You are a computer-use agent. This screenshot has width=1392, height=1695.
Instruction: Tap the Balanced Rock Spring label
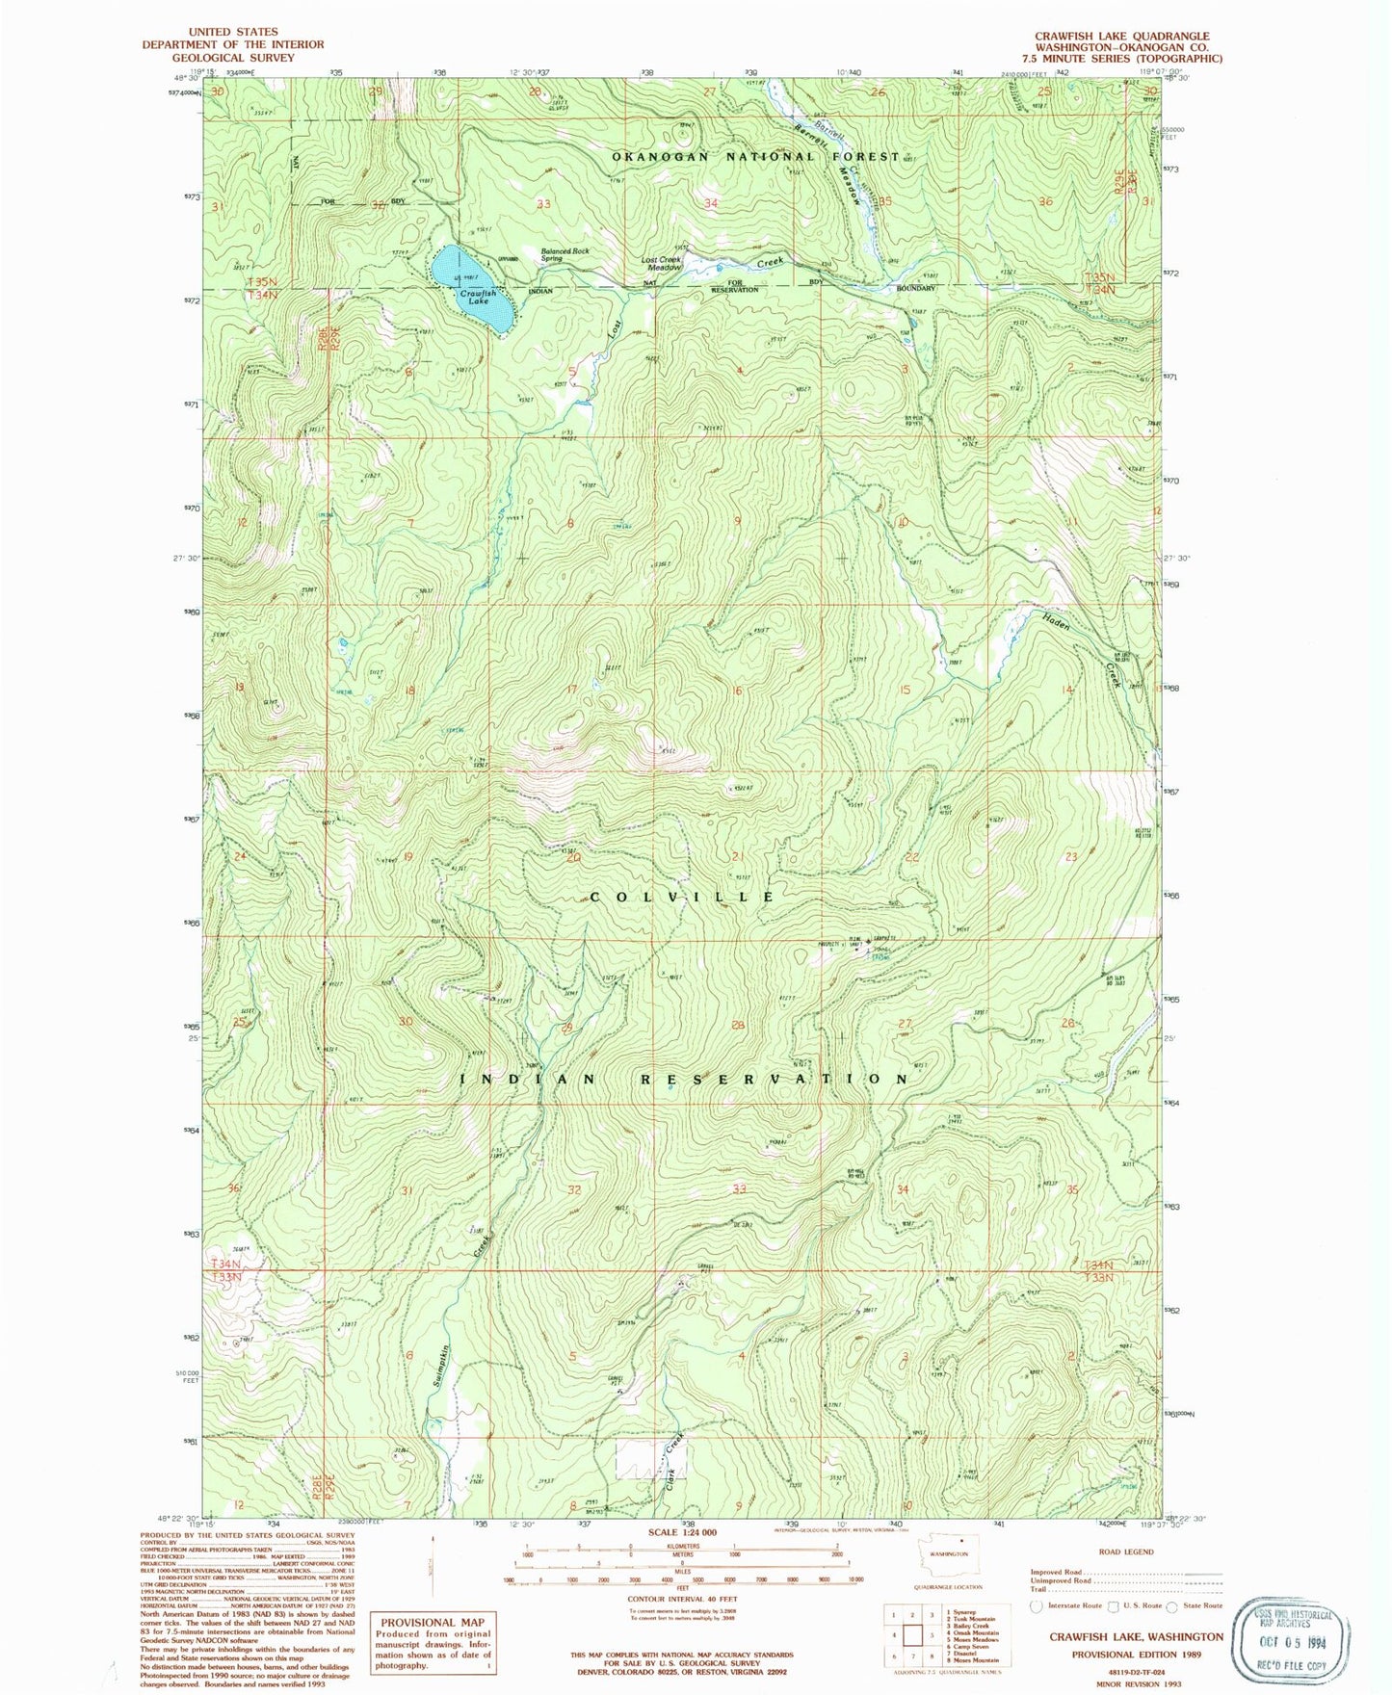pyautogui.click(x=565, y=254)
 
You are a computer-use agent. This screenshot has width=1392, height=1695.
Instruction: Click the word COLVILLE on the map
pyautogui.click(x=681, y=897)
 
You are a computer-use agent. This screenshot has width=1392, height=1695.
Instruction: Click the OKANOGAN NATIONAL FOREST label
pyautogui.click(x=755, y=156)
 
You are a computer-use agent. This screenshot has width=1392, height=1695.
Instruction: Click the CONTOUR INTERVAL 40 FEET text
pyautogui.click(x=682, y=1599)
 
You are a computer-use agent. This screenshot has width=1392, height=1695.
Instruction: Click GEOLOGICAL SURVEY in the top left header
pyautogui.click(x=233, y=58)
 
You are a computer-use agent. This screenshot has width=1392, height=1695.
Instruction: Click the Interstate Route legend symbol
pyautogui.click(x=1036, y=1605)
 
